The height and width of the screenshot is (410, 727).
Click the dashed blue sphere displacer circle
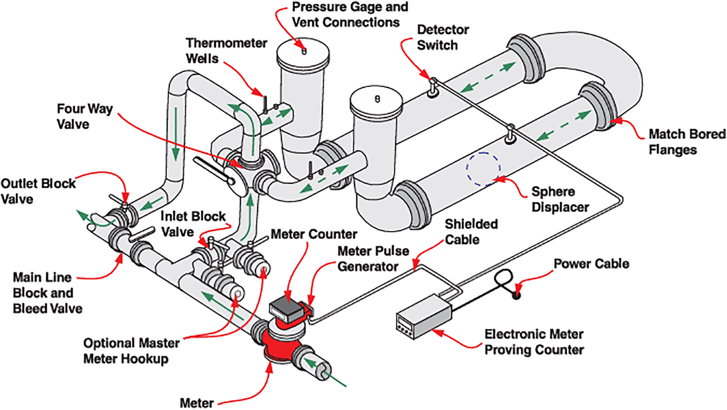click(x=483, y=169)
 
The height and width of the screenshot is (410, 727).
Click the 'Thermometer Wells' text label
click(x=226, y=51)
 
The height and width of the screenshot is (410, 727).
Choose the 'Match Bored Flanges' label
click(x=687, y=142)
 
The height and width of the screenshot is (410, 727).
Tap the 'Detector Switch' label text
click(x=442, y=37)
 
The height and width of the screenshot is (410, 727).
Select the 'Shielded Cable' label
click(x=471, y=232)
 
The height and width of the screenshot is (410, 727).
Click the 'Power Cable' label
click(x=591, y=264)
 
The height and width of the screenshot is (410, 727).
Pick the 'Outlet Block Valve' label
click(x=38, y=191)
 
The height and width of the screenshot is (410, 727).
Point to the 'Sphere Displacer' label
click(x=560, y=199)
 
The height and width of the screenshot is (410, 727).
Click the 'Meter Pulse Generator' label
click(x=373, y=259)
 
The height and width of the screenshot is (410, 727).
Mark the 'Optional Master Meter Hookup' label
click(x=131, y=351)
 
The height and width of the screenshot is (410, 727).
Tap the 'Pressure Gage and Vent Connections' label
click(x=350, y=14)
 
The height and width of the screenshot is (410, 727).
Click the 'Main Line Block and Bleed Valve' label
click(x=47, y=293)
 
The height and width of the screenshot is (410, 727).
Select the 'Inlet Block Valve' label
click(x=192, y=224)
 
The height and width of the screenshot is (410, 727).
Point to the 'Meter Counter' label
click(x=314, y=234)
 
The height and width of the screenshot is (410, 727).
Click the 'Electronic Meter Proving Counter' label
click(x=534, y=342)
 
